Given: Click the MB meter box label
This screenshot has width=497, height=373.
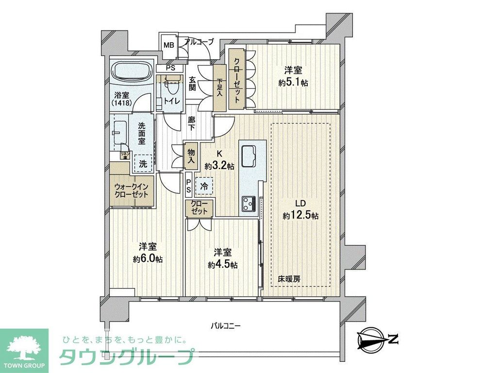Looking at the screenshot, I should [168, 45].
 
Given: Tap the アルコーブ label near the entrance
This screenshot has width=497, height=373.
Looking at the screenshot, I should [199, 42].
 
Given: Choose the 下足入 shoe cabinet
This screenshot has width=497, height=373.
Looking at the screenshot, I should [219, 87].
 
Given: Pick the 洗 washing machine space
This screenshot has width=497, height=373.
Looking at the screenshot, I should [143, 164].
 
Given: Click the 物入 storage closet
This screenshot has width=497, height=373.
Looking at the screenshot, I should [191, 156].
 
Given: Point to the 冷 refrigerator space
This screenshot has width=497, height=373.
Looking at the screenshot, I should [203, 185].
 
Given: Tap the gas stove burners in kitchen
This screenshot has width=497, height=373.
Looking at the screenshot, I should [248, 203].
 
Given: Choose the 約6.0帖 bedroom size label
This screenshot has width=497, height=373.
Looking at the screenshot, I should [148, 258].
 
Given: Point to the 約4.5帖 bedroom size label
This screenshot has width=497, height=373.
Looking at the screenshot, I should [222, 265].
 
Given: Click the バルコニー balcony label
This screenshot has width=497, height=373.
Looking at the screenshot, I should [226, 325].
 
